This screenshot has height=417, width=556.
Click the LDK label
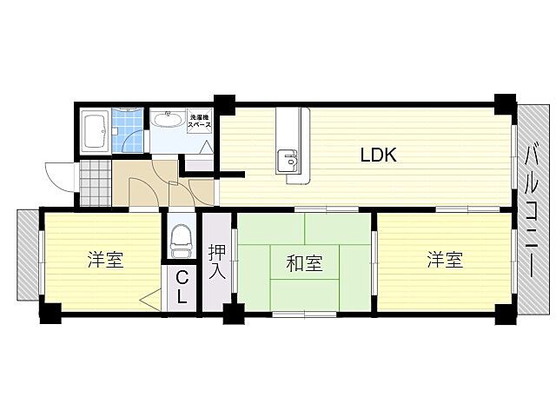[379, 156]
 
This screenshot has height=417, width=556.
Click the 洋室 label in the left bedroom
[105, 261]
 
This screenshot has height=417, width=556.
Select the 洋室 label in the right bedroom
[444, 260]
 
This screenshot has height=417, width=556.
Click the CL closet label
[182, 287]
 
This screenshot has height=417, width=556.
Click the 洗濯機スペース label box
[200, 122]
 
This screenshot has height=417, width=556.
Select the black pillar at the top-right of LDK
[503, 100]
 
